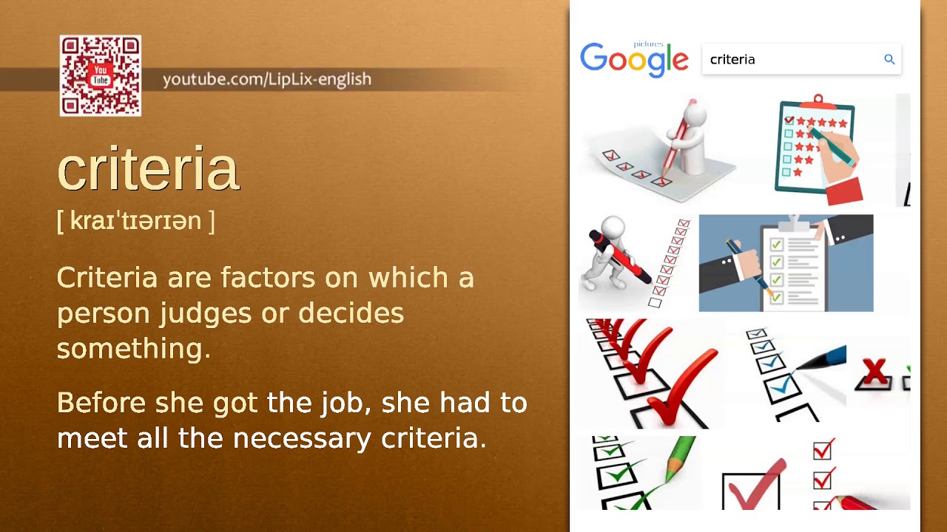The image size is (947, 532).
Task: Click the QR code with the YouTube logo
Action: (x=101, y=76)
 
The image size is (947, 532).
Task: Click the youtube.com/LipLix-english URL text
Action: (x=266, y=79)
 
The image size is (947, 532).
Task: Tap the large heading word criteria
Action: (x=148, y=169)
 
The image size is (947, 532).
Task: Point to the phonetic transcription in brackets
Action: (x=135, y=220)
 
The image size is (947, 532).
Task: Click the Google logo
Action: (x=634, y=60)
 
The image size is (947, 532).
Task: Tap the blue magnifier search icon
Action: (x=889, y=60)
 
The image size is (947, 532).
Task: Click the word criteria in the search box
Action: (x=732, y=60)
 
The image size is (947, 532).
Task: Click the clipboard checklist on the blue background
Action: (x=786, y=263)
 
